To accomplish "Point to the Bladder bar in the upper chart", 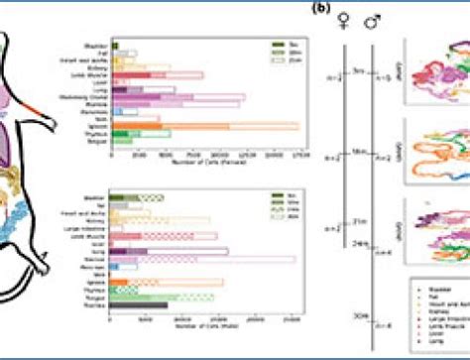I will coord(115,45).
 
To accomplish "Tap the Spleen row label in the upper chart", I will coord(95,126).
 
